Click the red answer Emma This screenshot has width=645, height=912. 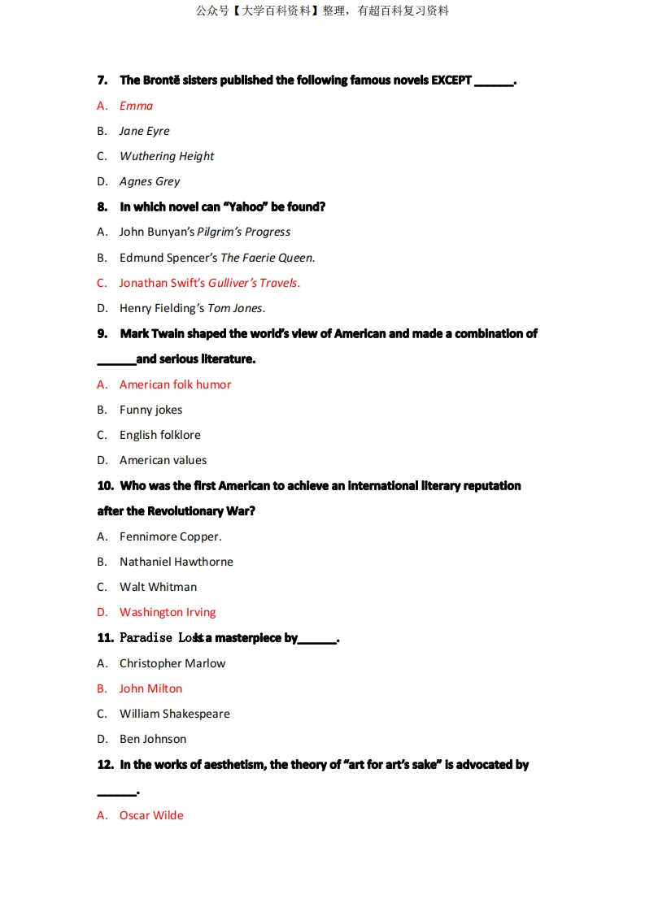pyautogui.click(x=136, y=106)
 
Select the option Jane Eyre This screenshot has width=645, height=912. pyautogui.click(x=144, y=131)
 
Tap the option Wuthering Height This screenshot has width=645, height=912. pyautogui.click(x=167, y=156)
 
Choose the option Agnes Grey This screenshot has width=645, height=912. pyautogui.click(x=150, y=181)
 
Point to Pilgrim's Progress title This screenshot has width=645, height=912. pyautogui.click(x=243, y=232)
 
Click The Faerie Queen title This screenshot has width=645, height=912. pyautogui.click(x=268, y=258)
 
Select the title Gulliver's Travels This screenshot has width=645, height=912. pyautogui.click(x=254, y=283)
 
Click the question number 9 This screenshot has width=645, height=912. pyautogui.click(x=102, y=333)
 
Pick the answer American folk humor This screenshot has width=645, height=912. pyautogui.click(x=175, y=384)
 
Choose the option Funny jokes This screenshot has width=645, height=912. pyautogui.click(x=150, y=410)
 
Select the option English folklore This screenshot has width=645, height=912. pyautogui.click(x=159, y=435)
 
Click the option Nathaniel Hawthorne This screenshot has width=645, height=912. pyautogui.click(x=176, y=562)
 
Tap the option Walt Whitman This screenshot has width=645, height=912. pyautogui.click(x=158, y=587)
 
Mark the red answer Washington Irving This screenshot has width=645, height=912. pyautogui.click(x=168, y=612)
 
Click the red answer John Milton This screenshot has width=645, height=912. pyautogui.click(x=150, y=688)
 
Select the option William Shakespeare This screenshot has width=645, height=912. pyautogui.click(x=174, y=714)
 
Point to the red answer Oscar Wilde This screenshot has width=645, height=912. pyautogui.click(x=151, y=815)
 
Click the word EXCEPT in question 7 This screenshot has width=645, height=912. pyautogui.click(x=451, y=80)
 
